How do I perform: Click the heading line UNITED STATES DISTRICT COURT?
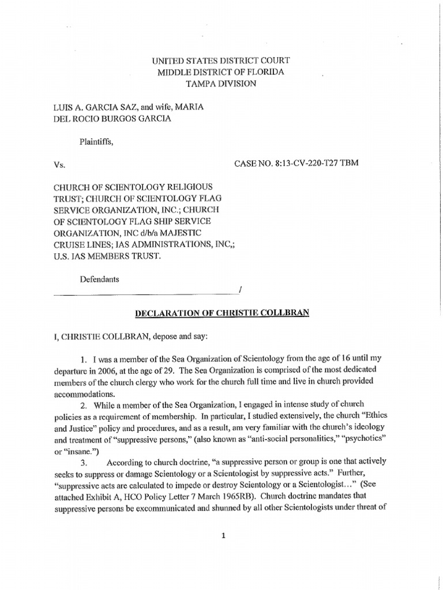click(x=221, y=60)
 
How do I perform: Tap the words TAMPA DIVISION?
click(x=221, y=84)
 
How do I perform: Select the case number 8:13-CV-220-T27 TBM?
click(x=296, y=164)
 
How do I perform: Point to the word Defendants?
click(x=99, y=279)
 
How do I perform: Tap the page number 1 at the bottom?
click(x=221, y=535)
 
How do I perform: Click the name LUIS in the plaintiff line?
click(x=63, y=107)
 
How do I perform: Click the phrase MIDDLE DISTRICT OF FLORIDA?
click(x=221, y=72)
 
